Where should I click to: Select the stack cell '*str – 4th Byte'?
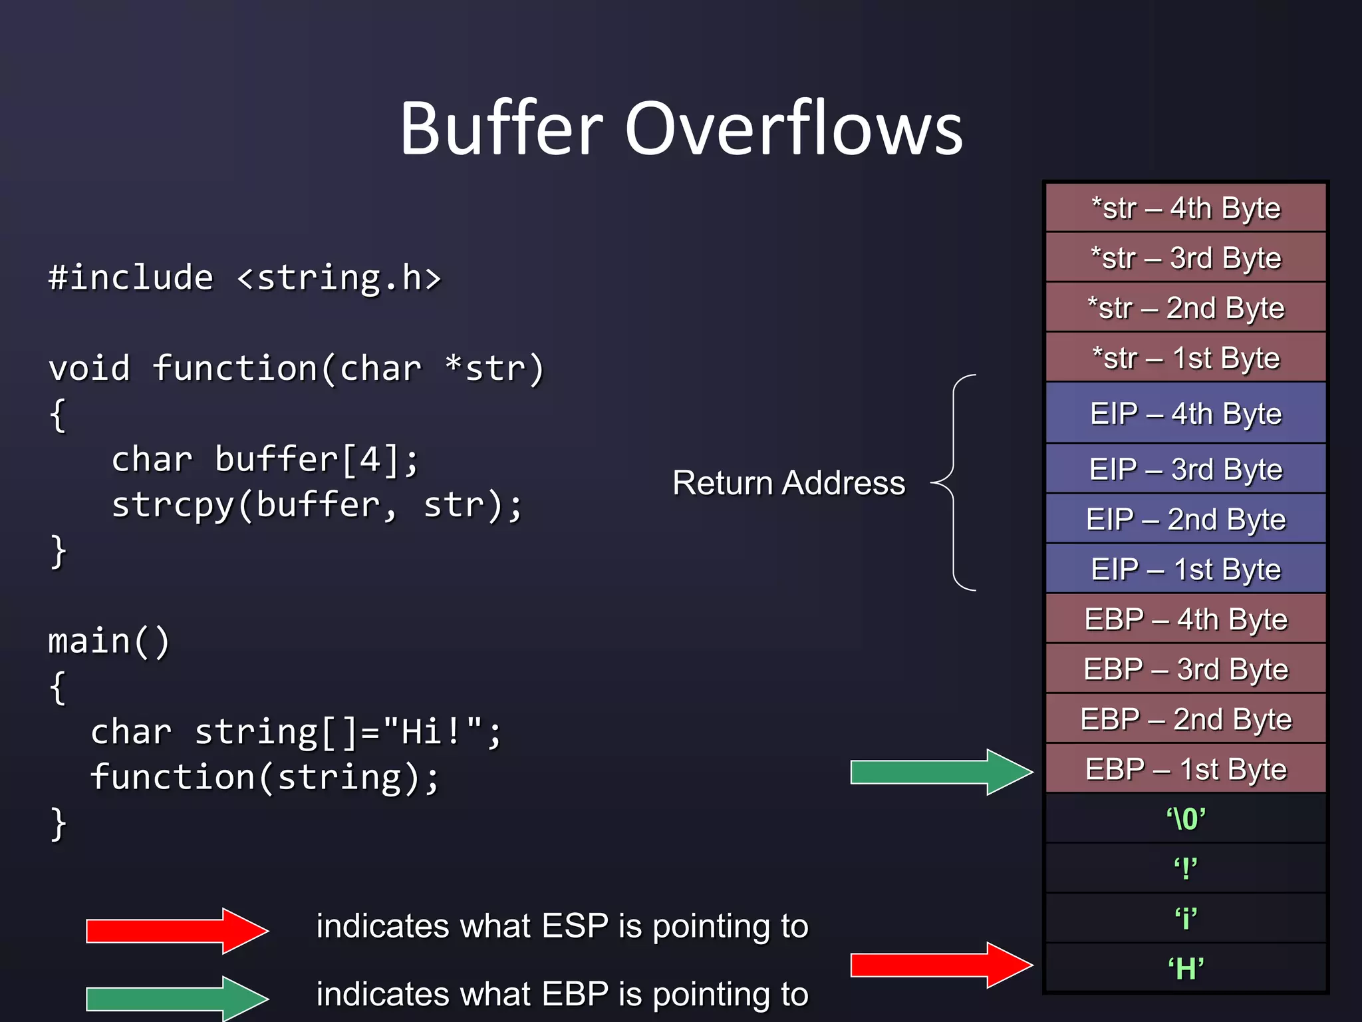coord(1186,208)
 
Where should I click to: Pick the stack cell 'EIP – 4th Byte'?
coord(1186,413)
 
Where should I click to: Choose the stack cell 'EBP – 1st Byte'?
coord(1186,769)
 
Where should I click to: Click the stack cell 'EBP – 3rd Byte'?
coord(1186,669)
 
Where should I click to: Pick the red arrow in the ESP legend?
coord(176,931)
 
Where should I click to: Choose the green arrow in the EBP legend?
coord(176,999)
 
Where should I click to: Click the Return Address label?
coord(789,483)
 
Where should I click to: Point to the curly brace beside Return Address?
coord(954,483)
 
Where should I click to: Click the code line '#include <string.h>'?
coord(245,277)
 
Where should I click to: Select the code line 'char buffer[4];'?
coord(265,460)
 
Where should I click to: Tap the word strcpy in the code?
coord(173,505)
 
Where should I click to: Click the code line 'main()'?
coord(109,641)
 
